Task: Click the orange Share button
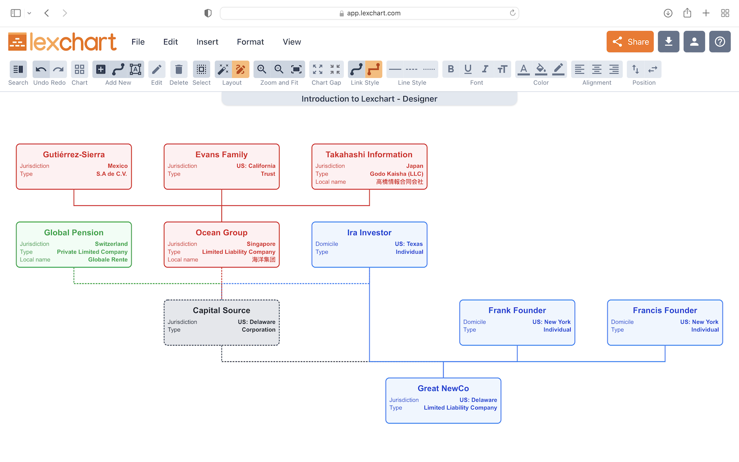coord(630,42)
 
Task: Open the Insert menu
coord(207,42)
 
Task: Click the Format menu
coord(250,42)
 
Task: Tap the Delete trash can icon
coord(179,69)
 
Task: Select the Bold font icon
coord(451,69)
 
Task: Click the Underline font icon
coord(468,69)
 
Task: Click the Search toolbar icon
coord(18,69)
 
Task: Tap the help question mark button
coord(719,42)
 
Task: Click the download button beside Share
coord(668,42)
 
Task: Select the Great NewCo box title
coord(443,389)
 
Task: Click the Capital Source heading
coord(221,311)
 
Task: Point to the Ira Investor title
coord(369,233)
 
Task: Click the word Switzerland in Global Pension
coord(111,244)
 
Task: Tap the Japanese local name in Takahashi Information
coord(399,182)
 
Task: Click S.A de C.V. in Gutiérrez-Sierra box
coord(111,174)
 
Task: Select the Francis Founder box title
coord(665,311)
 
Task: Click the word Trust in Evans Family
coord(268,174)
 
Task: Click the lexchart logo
coord(63,42)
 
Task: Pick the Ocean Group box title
coord(221,233)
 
